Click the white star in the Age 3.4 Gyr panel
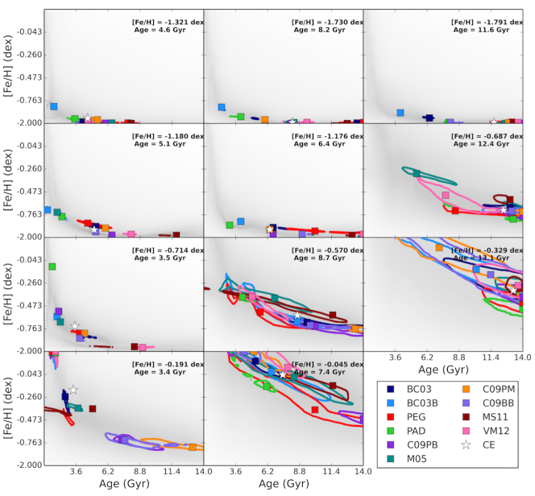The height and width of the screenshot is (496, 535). point(73,390)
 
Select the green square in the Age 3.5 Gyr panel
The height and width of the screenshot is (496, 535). point(52,267)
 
